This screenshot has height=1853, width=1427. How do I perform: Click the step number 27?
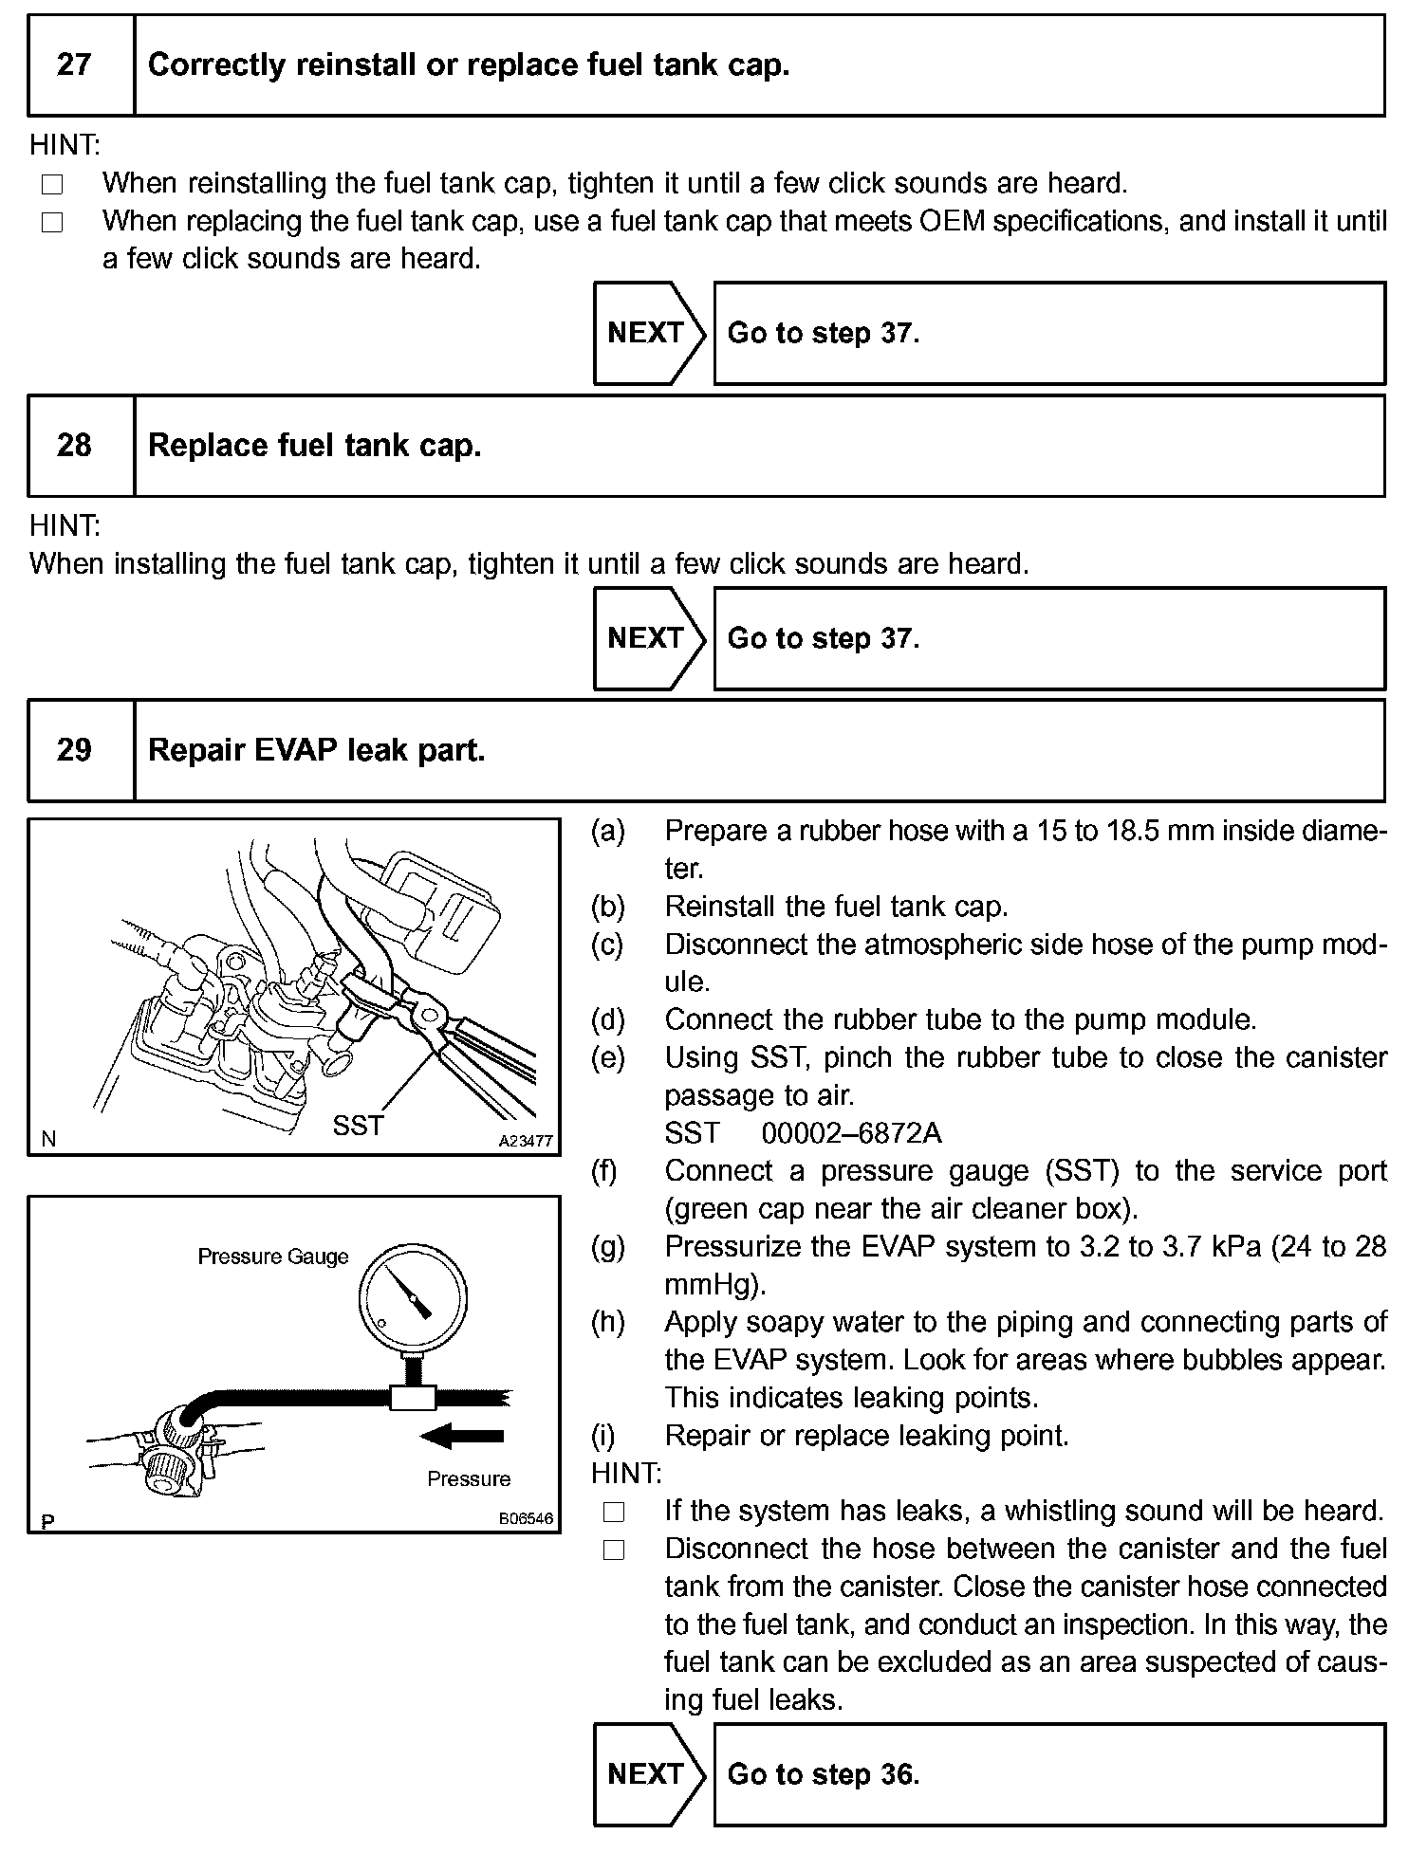click(x=74, y=64)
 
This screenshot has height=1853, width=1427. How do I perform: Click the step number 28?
click(x=74, y=445)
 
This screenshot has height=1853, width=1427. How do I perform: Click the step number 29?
click(x=74, y=750)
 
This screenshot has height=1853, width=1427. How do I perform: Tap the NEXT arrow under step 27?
click(x=649, y=333)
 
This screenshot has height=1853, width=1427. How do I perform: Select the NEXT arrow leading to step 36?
click(x=649, y=1773)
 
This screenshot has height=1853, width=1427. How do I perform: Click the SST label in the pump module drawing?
click(x=358, y=1126)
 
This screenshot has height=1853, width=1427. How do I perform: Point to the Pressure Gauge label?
click(x=273, y=1257)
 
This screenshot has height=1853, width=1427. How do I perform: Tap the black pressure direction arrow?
click(x=461, y=1437)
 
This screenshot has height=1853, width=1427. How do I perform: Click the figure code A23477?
click(x=525, y=1141)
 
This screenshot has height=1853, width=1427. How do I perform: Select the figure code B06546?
click(x=525, y=1518)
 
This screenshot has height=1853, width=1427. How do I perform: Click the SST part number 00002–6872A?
click(x=851, y=1133)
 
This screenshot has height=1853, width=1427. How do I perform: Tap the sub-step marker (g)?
click(x=607, y=1246)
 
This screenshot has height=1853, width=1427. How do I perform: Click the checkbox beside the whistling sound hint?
click(x=614, y=1511)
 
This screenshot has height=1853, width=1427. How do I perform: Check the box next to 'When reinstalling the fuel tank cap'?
click(x=52, y=184)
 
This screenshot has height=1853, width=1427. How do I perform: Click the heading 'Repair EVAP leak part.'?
click(x=317, y=750)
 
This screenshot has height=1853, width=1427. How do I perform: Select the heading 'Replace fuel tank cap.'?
click(x=315, y=445)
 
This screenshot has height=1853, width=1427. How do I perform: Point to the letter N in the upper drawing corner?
click(x=47, y=1139)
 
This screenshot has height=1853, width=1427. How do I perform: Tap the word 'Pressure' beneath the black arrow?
click(x=469, y=1478)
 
